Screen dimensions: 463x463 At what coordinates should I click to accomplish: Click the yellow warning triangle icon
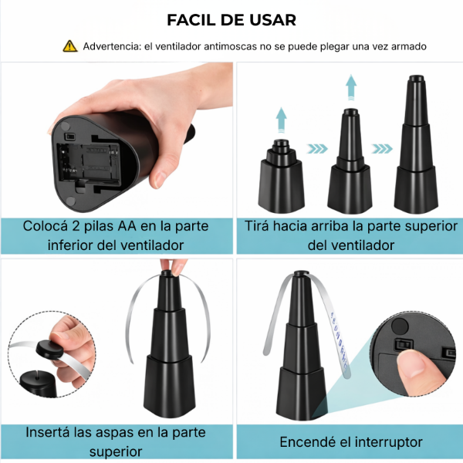coord(70,46)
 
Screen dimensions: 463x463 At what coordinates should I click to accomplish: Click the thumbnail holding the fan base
coord(160,179)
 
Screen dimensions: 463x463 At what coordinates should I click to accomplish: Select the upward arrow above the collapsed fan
coord(282,120)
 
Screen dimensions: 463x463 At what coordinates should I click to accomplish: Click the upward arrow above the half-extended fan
coord(351,87)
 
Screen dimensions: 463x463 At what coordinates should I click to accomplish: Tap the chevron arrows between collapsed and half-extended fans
coord(317,149)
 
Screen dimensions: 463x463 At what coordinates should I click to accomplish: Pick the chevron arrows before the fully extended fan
coord(382,149)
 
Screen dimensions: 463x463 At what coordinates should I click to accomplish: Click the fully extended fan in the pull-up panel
coord(416,144)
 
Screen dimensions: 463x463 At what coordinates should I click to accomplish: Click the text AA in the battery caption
coord(127,226)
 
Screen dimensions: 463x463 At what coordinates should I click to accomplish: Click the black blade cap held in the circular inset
coord(49,350)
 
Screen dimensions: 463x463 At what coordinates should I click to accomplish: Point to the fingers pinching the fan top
coord(174,266)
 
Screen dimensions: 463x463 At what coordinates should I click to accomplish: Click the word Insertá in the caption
coord(48,432)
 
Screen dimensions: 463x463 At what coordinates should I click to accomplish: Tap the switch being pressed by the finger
coord(404,344)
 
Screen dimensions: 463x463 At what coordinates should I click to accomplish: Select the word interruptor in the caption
coord(388,442)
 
